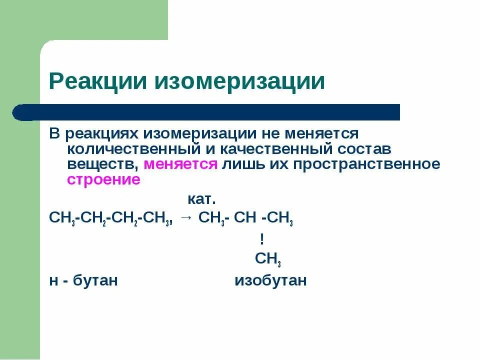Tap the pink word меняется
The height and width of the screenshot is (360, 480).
(180, 164)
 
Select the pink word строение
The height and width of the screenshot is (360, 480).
(103, 180)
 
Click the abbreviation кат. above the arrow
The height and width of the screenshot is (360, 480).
(201, 199)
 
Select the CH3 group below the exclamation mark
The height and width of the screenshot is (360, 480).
(268, 259)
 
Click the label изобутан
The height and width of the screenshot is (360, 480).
(270, 280)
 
